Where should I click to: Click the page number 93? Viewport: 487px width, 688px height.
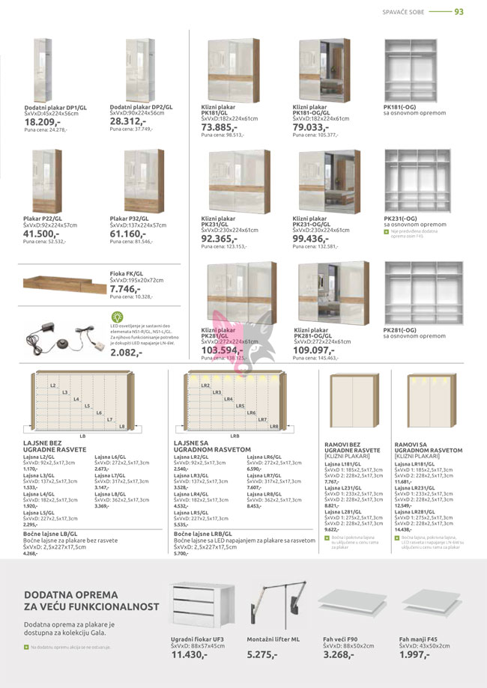tap(459, 11)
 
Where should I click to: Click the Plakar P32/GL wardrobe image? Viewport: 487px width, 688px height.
tap(144, 180)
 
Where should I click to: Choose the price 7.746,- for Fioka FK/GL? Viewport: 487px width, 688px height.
tap(126, 288)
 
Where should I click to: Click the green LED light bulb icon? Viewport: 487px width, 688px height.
tap(116, 317)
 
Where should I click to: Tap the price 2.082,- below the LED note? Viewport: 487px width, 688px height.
tap(126, 352)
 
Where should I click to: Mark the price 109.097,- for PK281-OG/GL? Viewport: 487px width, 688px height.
tap(314, 350)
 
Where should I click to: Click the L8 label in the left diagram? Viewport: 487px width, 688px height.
tap(121, 426)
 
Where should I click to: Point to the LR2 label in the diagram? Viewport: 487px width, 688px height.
tap(205, 386)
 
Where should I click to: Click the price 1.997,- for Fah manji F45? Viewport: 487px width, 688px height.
tap(414, 654)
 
